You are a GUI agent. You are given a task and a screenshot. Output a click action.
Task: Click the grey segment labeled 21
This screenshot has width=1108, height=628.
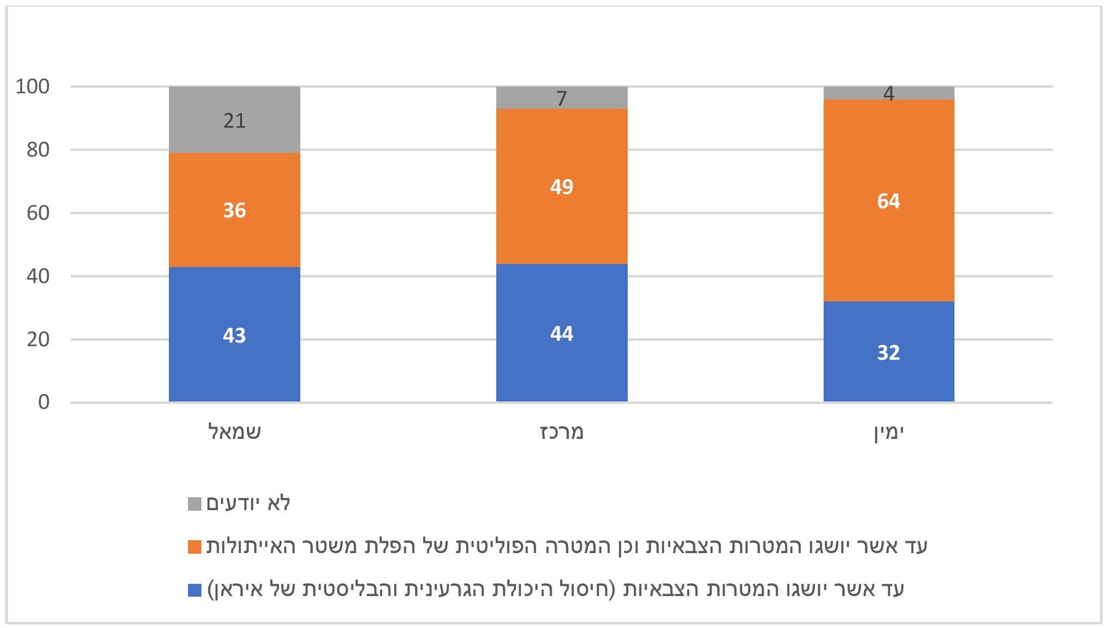[234, 120]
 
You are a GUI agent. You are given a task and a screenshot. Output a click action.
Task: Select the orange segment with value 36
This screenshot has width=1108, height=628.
[234, 209]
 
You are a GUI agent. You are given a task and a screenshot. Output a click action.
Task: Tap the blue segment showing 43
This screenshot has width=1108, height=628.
[234, 335]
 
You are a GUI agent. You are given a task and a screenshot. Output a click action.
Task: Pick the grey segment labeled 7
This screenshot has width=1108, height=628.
[561, 98]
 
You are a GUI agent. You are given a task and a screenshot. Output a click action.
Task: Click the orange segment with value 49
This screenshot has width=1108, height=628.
[561, 186]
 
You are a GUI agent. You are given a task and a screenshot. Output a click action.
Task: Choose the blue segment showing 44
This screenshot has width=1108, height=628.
[561, 333]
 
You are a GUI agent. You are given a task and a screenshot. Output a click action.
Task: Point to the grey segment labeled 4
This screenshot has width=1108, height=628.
[889, 93]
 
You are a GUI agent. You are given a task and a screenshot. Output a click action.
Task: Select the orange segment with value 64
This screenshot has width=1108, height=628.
[889, 201]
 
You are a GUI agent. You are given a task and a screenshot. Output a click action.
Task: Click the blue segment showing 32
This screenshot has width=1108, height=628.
[889, 352]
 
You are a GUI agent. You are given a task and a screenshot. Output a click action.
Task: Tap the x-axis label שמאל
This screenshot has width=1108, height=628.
[235, 432]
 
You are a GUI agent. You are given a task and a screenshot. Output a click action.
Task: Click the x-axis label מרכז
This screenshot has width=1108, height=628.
[561, 432]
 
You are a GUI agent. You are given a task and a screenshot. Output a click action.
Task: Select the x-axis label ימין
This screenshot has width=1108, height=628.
[889, 433]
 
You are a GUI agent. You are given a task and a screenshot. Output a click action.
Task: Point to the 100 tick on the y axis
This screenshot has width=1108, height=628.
[33, 87]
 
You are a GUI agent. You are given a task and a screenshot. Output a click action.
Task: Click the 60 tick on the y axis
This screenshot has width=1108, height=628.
[38, 213]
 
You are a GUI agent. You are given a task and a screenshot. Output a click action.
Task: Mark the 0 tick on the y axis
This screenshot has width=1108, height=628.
[44, 402]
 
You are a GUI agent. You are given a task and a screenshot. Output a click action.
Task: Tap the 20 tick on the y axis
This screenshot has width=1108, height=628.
[38, 339]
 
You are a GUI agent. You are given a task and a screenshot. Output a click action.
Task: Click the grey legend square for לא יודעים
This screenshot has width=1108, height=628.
[195, 504]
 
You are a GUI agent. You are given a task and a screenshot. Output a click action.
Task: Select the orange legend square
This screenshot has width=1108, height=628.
[195, 546]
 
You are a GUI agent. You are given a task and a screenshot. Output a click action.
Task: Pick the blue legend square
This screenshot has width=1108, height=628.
[195, 590]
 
